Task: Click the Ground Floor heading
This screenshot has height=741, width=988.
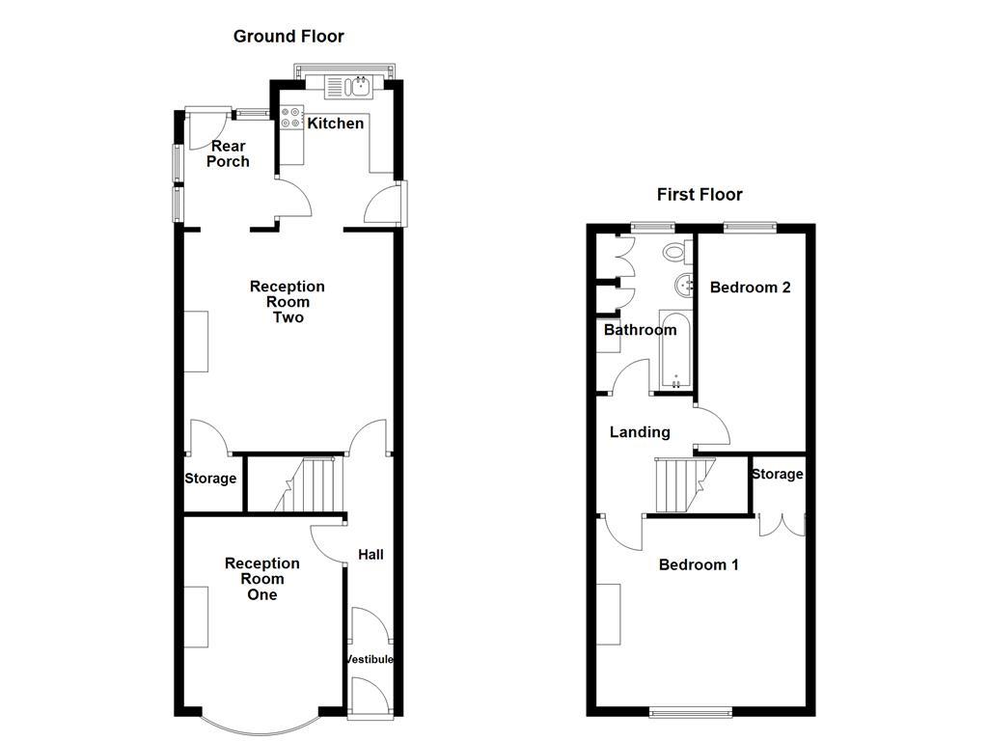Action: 288,37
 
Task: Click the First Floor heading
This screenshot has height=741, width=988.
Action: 700,195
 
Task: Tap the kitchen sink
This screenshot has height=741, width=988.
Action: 357,88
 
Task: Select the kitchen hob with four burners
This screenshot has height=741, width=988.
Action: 290,118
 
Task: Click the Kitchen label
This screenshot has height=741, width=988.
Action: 335,123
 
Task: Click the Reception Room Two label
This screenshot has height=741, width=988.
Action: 288,302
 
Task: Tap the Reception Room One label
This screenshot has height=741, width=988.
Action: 261,579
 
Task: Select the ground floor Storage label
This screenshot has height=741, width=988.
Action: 210,479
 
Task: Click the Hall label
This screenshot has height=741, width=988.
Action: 370,555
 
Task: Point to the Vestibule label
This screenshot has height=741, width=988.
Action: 370,660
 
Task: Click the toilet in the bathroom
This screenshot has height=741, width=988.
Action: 674,253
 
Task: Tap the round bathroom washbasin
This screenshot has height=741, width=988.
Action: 684,285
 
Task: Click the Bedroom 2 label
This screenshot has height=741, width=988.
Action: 751,288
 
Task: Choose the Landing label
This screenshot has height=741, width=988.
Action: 640,432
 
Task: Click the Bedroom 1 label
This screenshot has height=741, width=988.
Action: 699,564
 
